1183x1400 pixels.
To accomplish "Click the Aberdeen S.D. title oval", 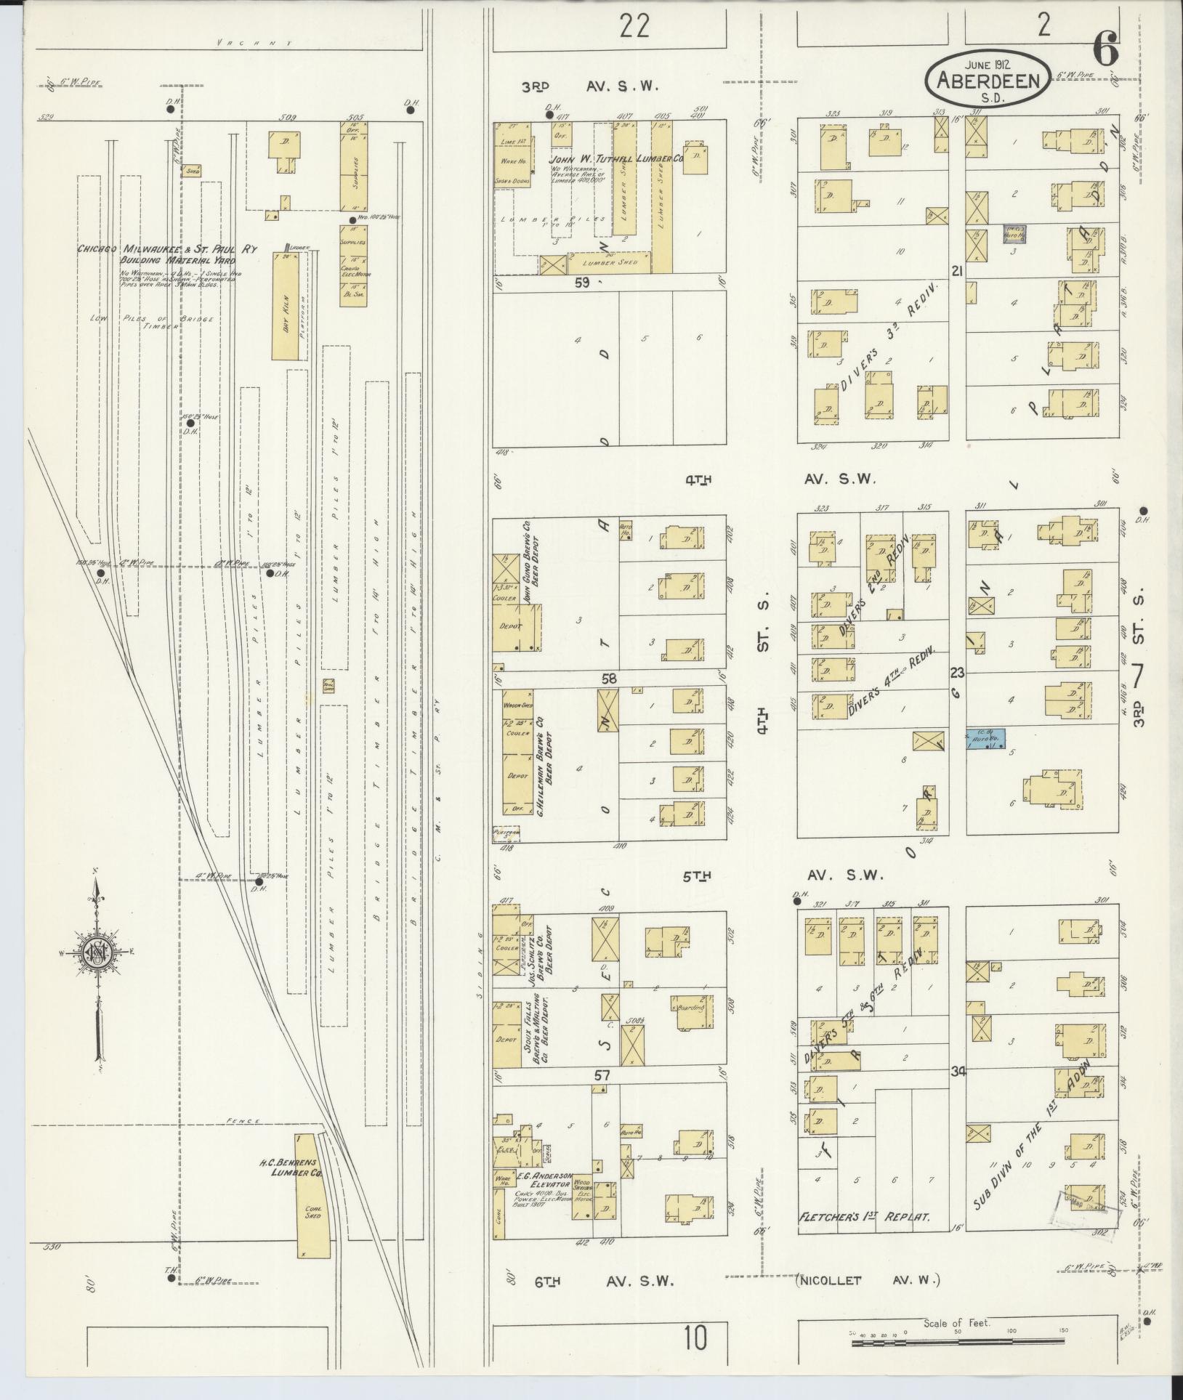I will [x=987, y=77].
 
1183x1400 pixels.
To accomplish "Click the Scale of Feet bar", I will [x=959, y=1343].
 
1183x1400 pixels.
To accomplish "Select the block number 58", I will [x=608, y=678].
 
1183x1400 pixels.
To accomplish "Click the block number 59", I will [x=581, y=283].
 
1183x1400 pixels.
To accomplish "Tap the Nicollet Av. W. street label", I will [x=868, y=1279].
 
